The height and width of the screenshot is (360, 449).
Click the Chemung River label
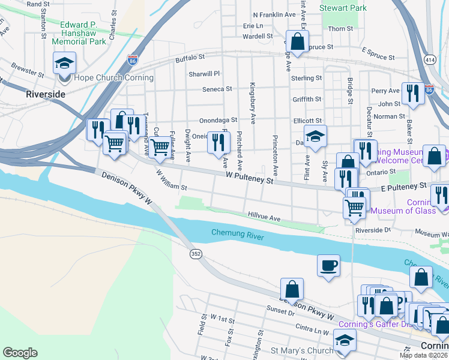(238, 233)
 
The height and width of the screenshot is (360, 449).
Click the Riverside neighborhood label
(45, 94)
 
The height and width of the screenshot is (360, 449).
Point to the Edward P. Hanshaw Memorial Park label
(79, 33)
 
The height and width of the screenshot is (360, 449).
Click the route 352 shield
(196, 254)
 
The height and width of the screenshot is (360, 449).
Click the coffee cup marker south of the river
(328, 265)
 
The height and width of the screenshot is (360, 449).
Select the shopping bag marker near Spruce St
(297, 41)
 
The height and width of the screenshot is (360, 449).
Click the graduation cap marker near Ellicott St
(315, 136)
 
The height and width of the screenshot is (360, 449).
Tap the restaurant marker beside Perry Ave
(412, 93)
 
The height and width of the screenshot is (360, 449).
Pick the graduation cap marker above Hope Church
(64, 62)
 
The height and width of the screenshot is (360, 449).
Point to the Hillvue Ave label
(264, 217)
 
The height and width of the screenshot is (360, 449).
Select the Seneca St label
(218, 89)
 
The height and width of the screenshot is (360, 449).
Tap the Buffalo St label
(190, 58)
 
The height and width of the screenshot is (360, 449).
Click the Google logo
(20, 353)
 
